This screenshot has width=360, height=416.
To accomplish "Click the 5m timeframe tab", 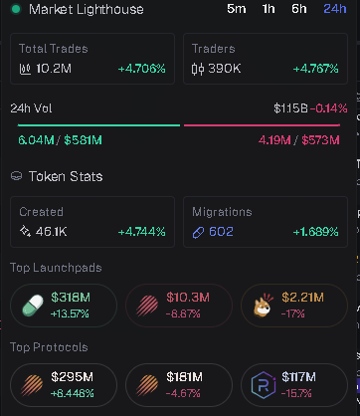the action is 237,9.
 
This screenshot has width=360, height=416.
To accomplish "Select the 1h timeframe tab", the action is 269,9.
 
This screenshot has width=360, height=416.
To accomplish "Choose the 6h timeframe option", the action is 299,9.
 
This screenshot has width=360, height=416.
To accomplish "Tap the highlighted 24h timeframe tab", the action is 335,9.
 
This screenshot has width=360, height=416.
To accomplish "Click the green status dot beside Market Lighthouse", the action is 16,9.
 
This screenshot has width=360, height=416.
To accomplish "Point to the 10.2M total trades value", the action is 54,69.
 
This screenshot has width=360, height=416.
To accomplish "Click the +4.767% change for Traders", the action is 315,69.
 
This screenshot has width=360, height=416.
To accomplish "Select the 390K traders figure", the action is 225,69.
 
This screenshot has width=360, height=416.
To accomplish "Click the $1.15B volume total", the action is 290,108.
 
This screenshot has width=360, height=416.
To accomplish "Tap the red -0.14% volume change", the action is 329,108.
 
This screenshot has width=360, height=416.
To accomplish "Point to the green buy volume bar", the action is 98,125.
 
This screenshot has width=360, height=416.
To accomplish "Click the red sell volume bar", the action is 262,125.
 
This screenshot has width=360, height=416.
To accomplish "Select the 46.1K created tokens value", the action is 52,232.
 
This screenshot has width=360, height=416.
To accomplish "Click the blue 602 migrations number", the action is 221,232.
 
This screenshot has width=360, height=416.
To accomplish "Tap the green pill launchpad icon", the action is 33,306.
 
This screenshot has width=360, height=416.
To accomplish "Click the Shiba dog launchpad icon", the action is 264,306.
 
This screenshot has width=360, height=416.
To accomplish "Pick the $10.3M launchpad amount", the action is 188,298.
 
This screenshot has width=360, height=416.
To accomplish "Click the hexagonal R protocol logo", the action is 264,385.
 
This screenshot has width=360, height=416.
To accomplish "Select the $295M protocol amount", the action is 73,377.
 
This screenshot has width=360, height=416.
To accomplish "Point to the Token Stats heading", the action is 66,176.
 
